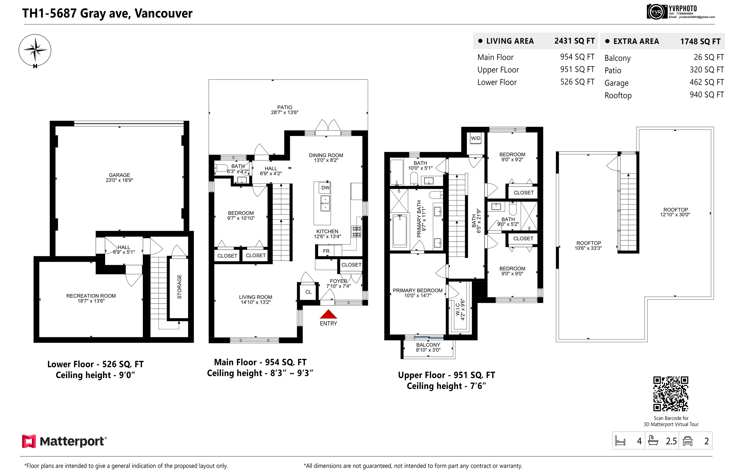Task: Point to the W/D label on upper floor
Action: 476,138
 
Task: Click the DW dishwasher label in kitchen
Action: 325,188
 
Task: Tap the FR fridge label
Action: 326,251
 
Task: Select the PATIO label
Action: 285,107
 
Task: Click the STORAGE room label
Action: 179,287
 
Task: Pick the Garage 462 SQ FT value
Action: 707,82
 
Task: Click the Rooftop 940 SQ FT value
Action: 707,95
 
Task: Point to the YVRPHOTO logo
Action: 680,12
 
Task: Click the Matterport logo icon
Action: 29,441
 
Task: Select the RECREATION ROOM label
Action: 91,296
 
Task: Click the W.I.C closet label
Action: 458,309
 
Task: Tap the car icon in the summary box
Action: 688,441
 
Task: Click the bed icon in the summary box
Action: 620,441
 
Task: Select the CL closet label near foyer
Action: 308,292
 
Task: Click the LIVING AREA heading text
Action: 510,41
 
